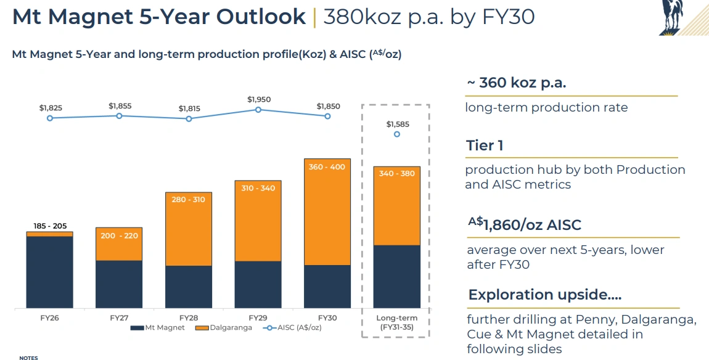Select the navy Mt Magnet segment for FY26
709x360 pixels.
point(49,272)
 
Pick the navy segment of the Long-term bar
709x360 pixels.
point(397,276)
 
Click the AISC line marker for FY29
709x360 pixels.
point(258,110)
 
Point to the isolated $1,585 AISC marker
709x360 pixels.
point(397,134)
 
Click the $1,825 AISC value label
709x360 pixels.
point(51,108)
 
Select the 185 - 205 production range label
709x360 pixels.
point(49,226)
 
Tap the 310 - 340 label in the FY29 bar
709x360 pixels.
point(258,188)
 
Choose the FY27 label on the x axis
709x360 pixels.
point(119,318)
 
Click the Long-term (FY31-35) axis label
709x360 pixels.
point(397,322)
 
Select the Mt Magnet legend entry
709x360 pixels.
point(158,328)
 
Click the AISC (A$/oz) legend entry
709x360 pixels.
point(292,328)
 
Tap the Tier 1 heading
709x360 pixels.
point(485,145)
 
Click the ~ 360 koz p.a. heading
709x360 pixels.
point(516,83)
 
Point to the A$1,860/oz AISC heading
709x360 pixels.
point(524,224)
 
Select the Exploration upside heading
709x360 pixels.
point(544,295)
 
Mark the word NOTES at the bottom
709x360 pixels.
point(28,358)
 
